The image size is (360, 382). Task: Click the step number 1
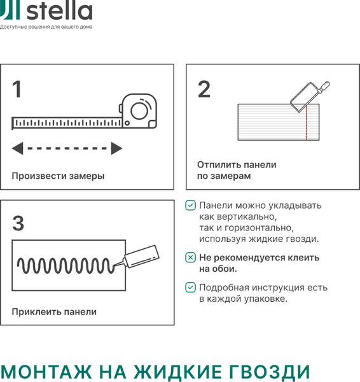click(x=17, y=89)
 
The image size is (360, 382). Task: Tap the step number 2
click(x=204, y=89)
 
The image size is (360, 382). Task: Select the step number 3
click(x=18, y=223)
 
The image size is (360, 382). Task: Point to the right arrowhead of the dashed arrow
click(x=116, y=148)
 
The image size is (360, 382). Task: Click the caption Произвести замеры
click(x=58, y=176)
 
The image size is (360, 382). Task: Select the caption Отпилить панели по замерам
click(x=237, y=170)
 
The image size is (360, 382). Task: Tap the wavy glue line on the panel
click(x=67, y=265)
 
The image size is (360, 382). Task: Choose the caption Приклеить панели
click(x=54, y=311)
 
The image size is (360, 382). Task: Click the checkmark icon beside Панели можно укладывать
click(x=190, y=206)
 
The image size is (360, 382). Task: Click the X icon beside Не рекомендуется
click(x=190, y=258)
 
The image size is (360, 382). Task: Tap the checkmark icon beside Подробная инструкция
click(x=190, y=287)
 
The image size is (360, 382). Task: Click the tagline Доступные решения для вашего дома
click(x=46, y=27)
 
